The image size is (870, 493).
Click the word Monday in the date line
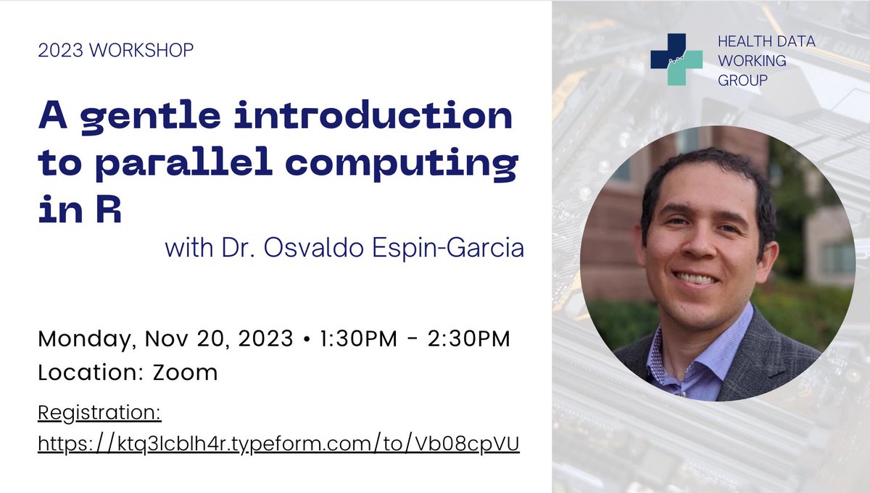pyautogui.click(x=86, y=339)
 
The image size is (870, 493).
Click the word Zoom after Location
pyautogui.click(x=185, y=373)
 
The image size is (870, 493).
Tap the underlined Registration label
pyautogui.click(x=99, y=413)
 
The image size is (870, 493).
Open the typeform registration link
pyautogui.click(x=278, y=444)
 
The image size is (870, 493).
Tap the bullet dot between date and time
pyautogui.click(x=307, y=339)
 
